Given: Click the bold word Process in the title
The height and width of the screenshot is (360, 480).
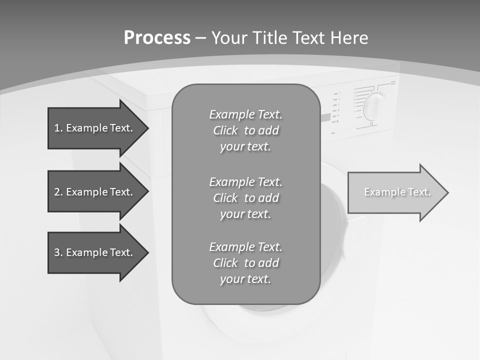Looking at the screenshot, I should click(157, 38).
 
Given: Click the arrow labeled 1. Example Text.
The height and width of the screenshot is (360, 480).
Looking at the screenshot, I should click(95, 128).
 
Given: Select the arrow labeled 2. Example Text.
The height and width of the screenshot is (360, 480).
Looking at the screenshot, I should click(95, 192).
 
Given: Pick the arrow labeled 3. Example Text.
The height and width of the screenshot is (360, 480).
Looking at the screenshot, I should click(95, 252).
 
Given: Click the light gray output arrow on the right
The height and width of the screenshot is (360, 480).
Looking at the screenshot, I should click(395, 192).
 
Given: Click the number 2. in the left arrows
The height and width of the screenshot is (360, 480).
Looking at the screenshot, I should click(58, 192).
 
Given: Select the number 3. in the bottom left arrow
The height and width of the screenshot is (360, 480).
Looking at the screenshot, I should click(58, 252).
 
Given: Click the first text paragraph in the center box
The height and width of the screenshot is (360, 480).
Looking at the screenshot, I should click(245, 130).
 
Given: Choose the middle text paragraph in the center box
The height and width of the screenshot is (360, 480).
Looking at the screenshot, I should click(245, 198).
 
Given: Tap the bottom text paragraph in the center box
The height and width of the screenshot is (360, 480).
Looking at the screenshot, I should click(245, 263).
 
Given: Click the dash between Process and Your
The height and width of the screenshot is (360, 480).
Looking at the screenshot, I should click(200, 38).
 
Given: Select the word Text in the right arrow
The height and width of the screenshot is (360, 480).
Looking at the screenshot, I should click(419, 192).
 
